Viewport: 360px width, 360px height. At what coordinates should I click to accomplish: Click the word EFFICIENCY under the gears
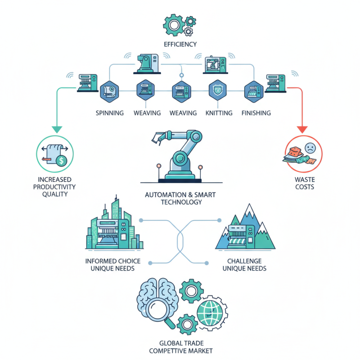pos(180,44)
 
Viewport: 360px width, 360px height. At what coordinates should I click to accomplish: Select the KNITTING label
pos(219,112)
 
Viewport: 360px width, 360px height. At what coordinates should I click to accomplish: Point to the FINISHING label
pos(256,112)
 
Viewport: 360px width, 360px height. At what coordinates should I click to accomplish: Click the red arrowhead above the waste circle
pos(302,129)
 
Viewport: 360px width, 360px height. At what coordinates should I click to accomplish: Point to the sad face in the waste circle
pos(310,148)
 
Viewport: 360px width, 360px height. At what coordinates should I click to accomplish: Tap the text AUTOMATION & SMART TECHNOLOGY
pos(180,198)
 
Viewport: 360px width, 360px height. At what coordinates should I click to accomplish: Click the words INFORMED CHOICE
pos(113,261)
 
